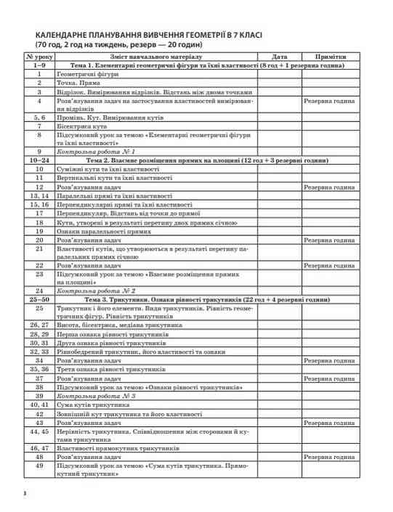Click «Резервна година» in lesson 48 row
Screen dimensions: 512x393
point(333,458)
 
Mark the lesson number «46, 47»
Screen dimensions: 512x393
point(39,449)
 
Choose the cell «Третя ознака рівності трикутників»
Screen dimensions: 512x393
point(112,370)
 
